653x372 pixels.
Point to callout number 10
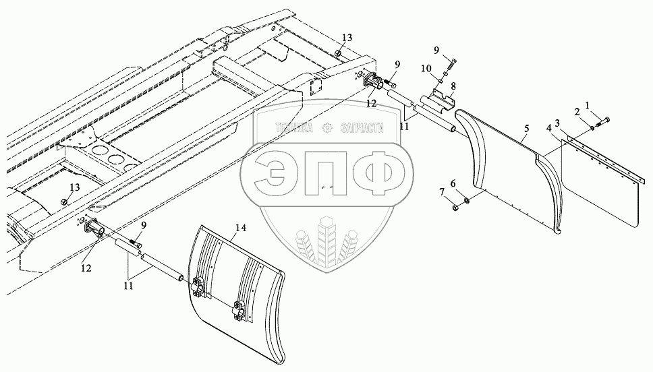click(425, 69)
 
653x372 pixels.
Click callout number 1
click(587, 105)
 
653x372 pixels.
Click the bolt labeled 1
click(603, 120)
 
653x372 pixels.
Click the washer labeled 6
click(467, 198)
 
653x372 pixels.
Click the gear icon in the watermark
click(327, 127)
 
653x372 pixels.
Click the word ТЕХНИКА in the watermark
click(295, 127)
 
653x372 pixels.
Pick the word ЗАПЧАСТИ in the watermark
click(362, 127)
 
